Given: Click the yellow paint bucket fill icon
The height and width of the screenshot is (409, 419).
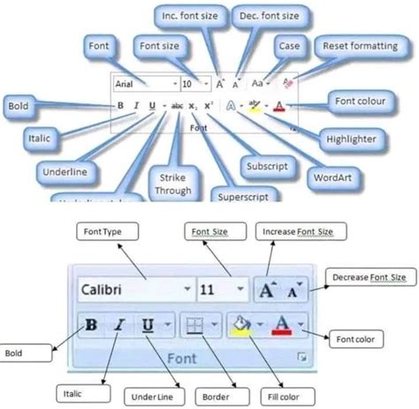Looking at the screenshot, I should pos(240,324).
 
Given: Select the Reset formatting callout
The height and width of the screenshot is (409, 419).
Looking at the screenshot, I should pos(361,46).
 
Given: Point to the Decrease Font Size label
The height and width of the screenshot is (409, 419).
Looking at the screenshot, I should pos(369,277).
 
